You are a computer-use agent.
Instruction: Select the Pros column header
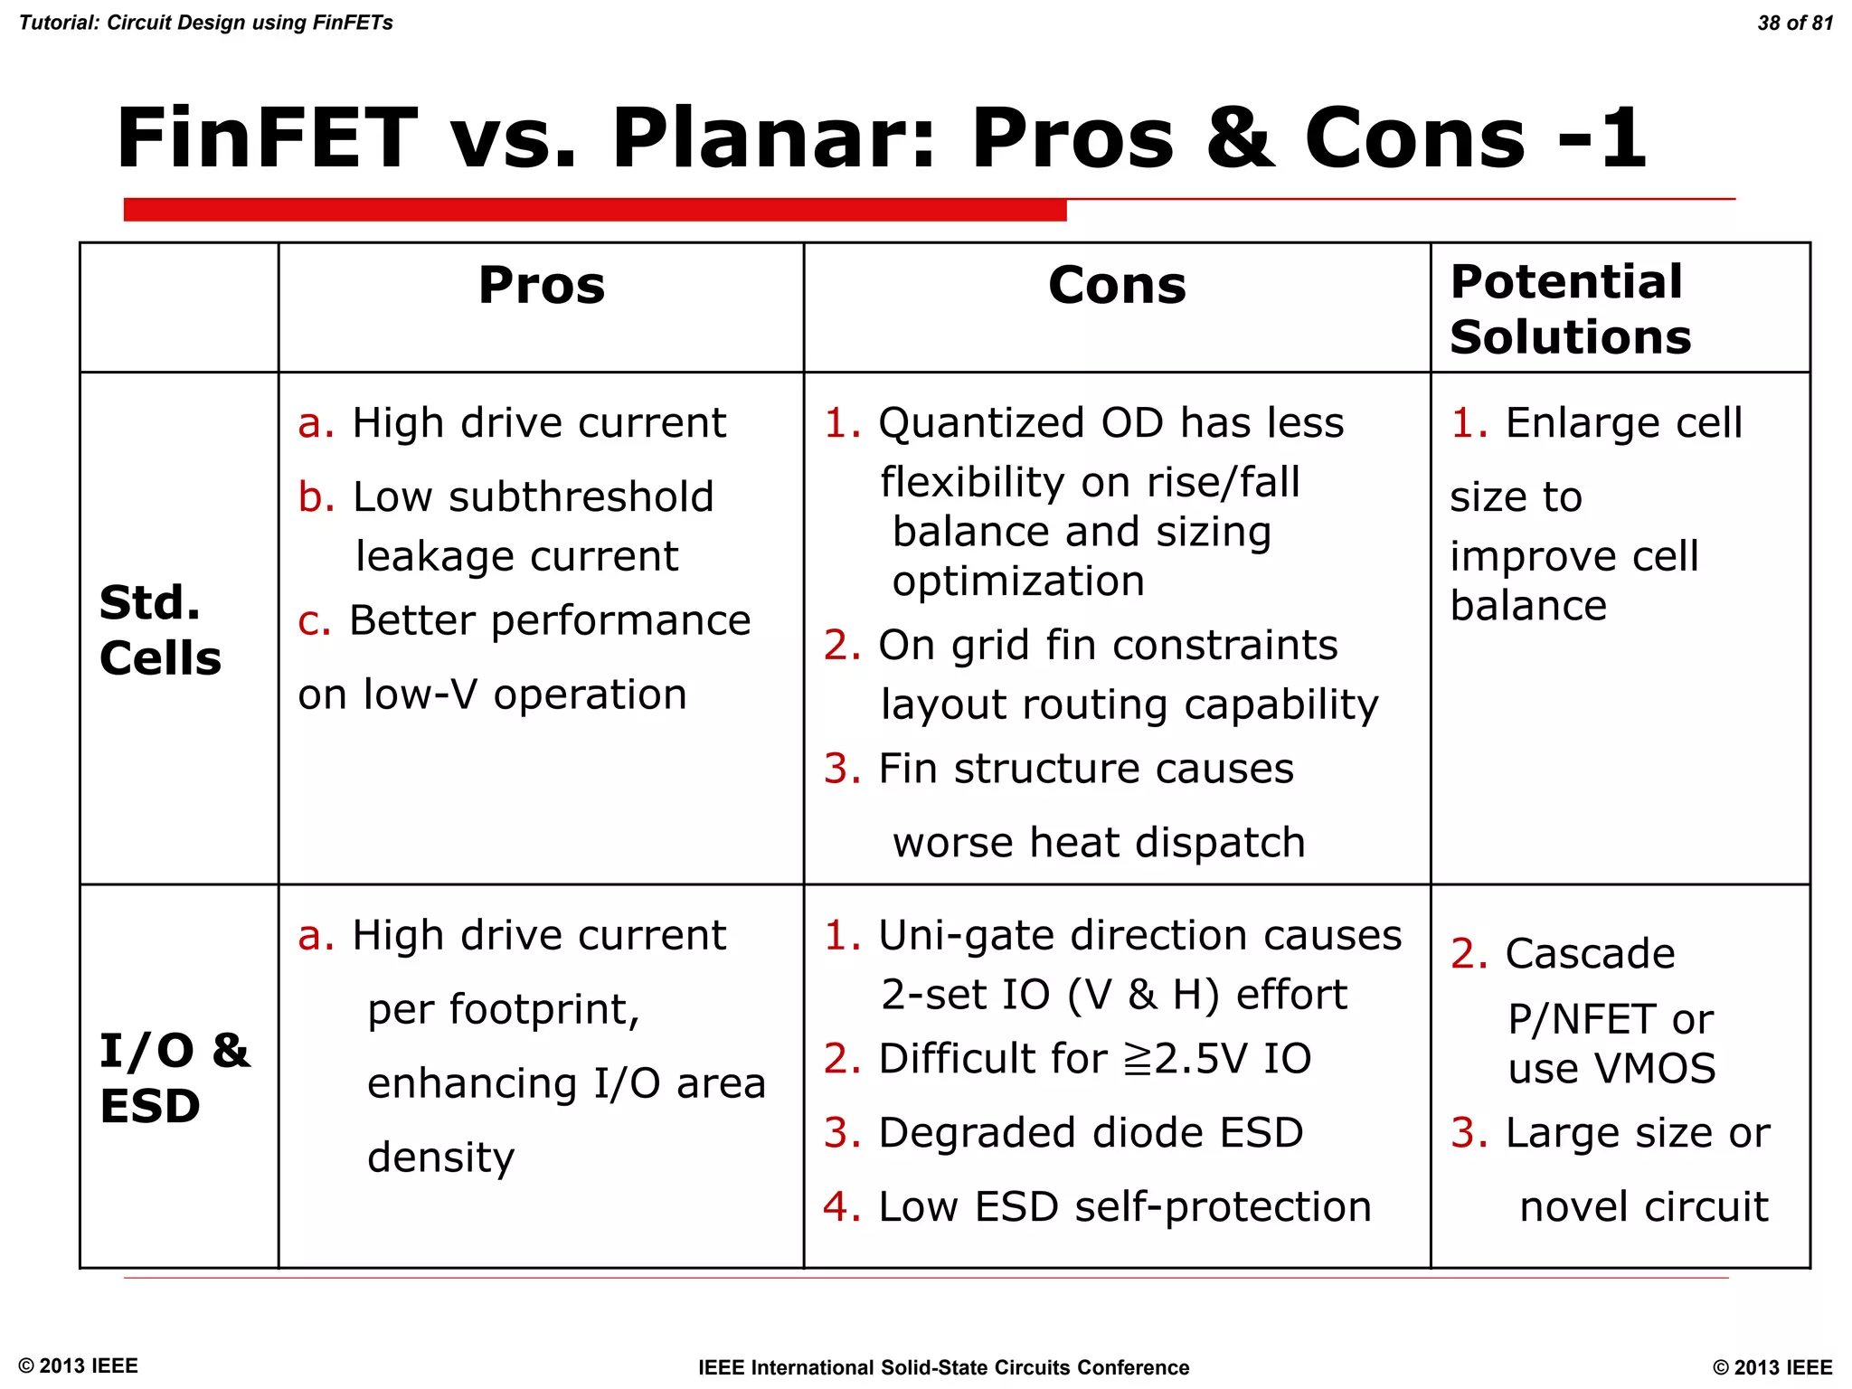tap(541, 286)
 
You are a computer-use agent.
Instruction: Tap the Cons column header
tap(1116, 286)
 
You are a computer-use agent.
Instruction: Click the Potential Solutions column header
tap(1570, 309)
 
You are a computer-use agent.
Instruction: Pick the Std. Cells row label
tap(160, 630)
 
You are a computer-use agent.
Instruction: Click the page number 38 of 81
tap(1794, 23)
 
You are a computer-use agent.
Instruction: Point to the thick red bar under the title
tap(594, 210)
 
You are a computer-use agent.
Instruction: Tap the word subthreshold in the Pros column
tap(581, 497)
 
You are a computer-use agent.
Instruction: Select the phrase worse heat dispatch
tap(1099, 843)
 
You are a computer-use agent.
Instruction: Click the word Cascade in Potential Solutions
tap(1590, 954)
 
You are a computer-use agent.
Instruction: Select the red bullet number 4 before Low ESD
tap(842, 1207)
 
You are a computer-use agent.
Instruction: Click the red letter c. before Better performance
tap(314, 621)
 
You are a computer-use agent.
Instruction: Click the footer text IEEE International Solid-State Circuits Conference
tap(943, 1367)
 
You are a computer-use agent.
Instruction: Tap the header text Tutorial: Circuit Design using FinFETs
tap(206, 23)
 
